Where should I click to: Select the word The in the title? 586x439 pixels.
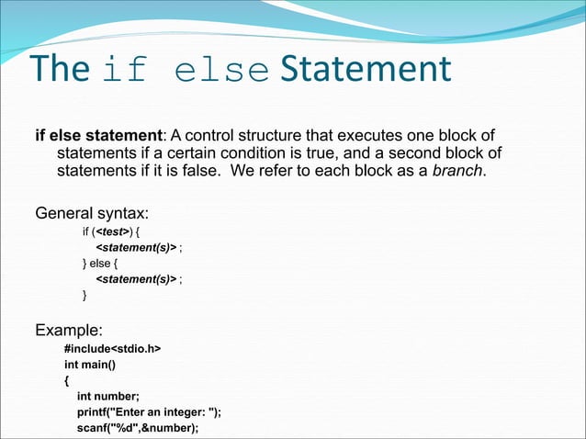click(61, 71)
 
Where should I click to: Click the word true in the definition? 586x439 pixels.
click(344, 153)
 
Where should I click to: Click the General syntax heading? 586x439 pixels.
click(92, 214)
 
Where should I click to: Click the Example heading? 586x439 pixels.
click(69, 329)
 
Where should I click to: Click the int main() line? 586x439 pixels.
click(89, 364)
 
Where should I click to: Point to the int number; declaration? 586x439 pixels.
click(108, 396)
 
